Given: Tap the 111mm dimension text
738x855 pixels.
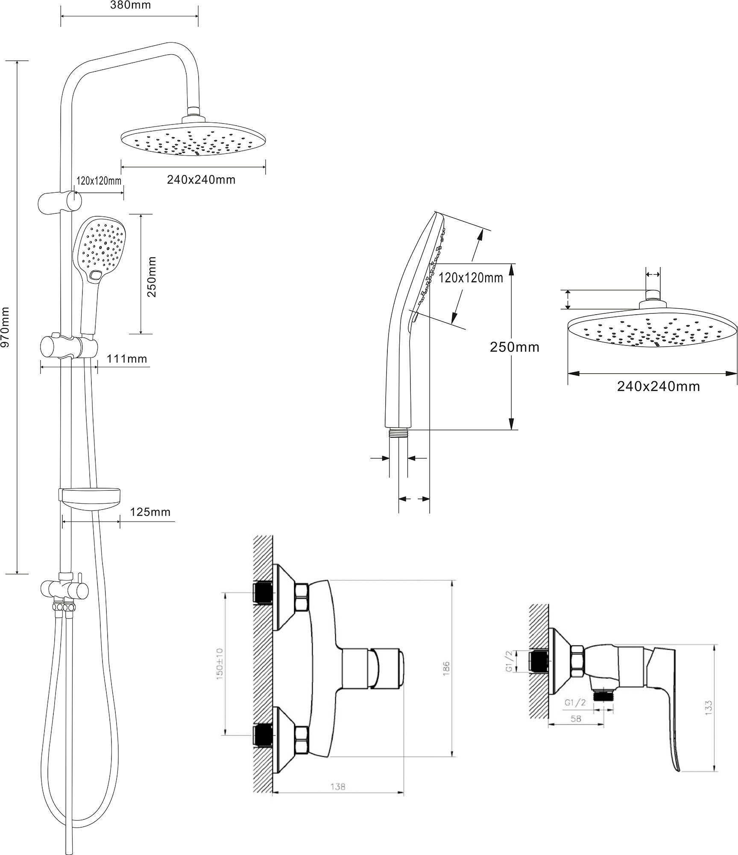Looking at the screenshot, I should (x=127, y=359).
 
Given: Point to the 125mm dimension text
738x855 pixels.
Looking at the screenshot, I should (x=150, y=512).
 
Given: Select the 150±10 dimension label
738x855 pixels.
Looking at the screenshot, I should (x=220, y=663).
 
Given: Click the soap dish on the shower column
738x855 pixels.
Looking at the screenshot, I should (x=91, y=497).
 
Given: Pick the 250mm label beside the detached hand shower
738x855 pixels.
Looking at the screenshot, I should (x=514, y=347).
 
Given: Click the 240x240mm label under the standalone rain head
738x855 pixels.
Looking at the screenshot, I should (x=658, y=386).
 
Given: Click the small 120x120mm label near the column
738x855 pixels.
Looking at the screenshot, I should (x=99, y=180).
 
